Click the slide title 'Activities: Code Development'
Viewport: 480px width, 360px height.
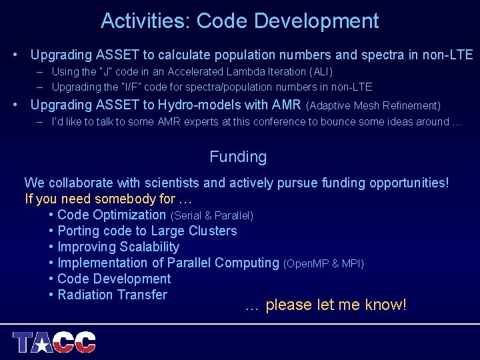240,21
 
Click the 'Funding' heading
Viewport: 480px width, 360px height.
238,157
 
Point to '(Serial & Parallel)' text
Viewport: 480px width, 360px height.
212,215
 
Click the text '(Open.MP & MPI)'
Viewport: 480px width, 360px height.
324,263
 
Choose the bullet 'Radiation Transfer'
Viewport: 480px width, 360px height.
112,295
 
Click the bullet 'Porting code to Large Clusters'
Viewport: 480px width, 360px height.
147,231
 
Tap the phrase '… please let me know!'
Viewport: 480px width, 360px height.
325,305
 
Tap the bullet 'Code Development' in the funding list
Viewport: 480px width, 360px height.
114,279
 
